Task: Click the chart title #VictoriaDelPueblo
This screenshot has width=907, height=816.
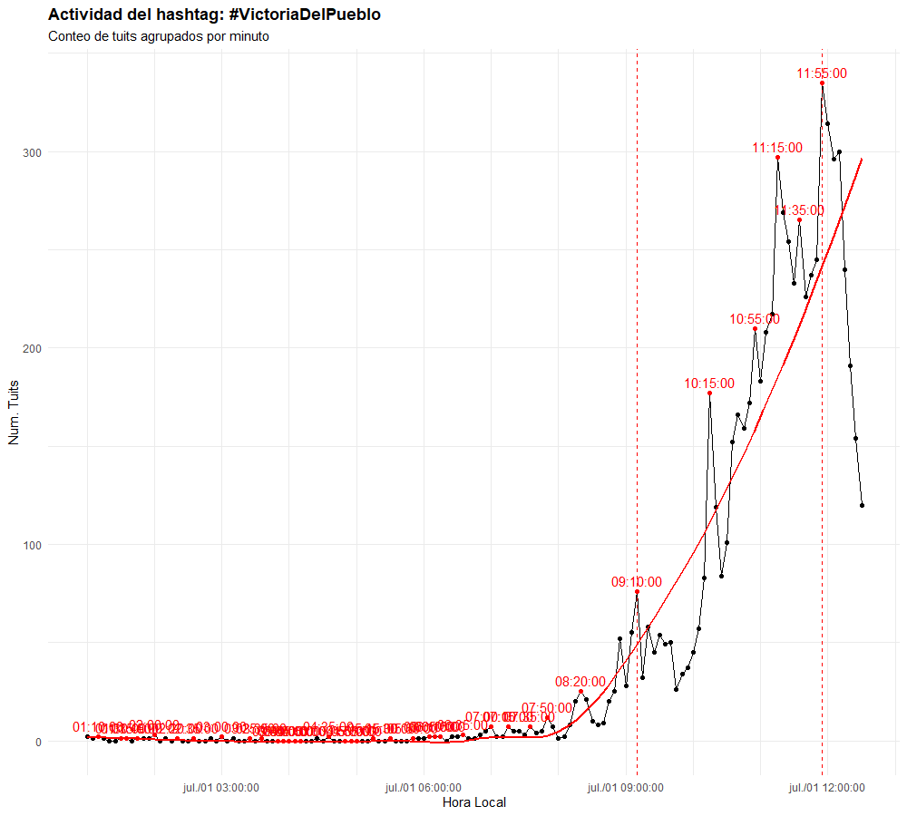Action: (x=214, y=15)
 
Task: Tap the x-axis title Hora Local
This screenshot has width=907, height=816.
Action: (x=473, y=802)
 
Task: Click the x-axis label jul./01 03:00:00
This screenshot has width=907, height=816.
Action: (x=221, y=787)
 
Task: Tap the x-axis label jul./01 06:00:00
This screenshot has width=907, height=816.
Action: (x=424, y=787)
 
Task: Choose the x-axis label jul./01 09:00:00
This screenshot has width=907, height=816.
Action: (x=625, y=787)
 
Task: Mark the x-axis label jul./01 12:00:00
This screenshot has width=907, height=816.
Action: (x=827, y=787)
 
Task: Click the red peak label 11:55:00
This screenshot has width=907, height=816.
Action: (x=822, y=73)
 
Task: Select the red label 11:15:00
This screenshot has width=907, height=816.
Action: (x=777, y=148)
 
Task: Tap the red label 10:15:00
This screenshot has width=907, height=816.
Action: (x=709, y=384)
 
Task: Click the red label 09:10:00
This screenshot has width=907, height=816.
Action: (x=637, y=582)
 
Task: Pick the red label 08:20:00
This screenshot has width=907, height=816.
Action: (x=580, y=681)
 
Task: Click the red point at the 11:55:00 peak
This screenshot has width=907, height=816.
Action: (x=823, y=83)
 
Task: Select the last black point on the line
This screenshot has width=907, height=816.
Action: (x=862, y=505)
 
